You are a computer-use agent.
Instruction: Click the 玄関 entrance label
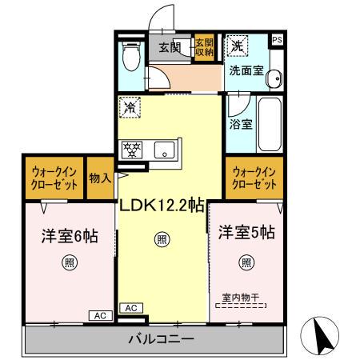click(170, 47)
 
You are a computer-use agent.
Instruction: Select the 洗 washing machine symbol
click(237, 46)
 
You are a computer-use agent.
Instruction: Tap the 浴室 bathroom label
click(239, 125)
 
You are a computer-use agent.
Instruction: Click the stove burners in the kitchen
click(131, 149)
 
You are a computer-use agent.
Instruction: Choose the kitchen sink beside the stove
click(164, 150)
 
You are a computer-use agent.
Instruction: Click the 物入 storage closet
click(99, 178)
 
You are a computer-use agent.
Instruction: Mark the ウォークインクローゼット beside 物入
click(54, 179)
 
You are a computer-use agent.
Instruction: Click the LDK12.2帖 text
click(162, 206)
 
